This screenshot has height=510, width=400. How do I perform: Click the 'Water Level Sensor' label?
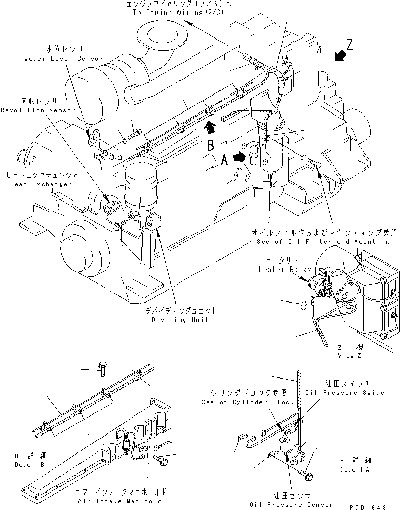[64, 59]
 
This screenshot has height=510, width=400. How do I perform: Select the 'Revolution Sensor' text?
[38, 110]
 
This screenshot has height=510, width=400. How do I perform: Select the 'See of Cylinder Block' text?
[248, 402]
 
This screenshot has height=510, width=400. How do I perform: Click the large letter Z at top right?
[349, 45]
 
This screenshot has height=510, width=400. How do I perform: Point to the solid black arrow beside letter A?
[238, 159]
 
